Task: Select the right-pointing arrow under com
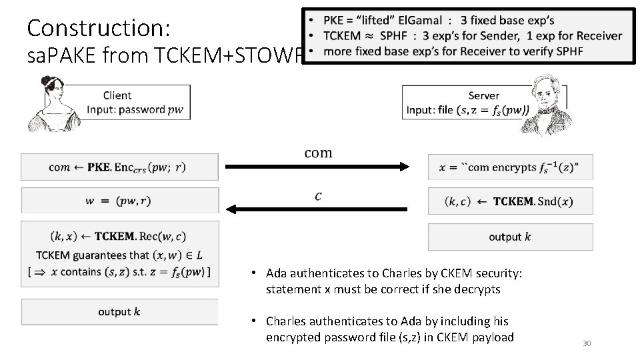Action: tap(317, 167)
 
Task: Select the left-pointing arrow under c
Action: tap(317, 209)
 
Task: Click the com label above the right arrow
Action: tap(318, 153)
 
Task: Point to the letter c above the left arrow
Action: tap(318, 196)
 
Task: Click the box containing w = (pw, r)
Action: tap(119, 200)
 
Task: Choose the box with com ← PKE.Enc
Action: tap(119, 167)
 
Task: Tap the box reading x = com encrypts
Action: tap(510, 167)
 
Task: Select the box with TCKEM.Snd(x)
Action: tap(510, 201)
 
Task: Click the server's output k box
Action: tap(510, 237)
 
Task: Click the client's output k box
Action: tap(119, 311)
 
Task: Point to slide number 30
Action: tap(587, 343)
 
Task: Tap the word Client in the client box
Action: tap(117, 95)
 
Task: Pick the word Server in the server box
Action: tap(484, 96)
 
